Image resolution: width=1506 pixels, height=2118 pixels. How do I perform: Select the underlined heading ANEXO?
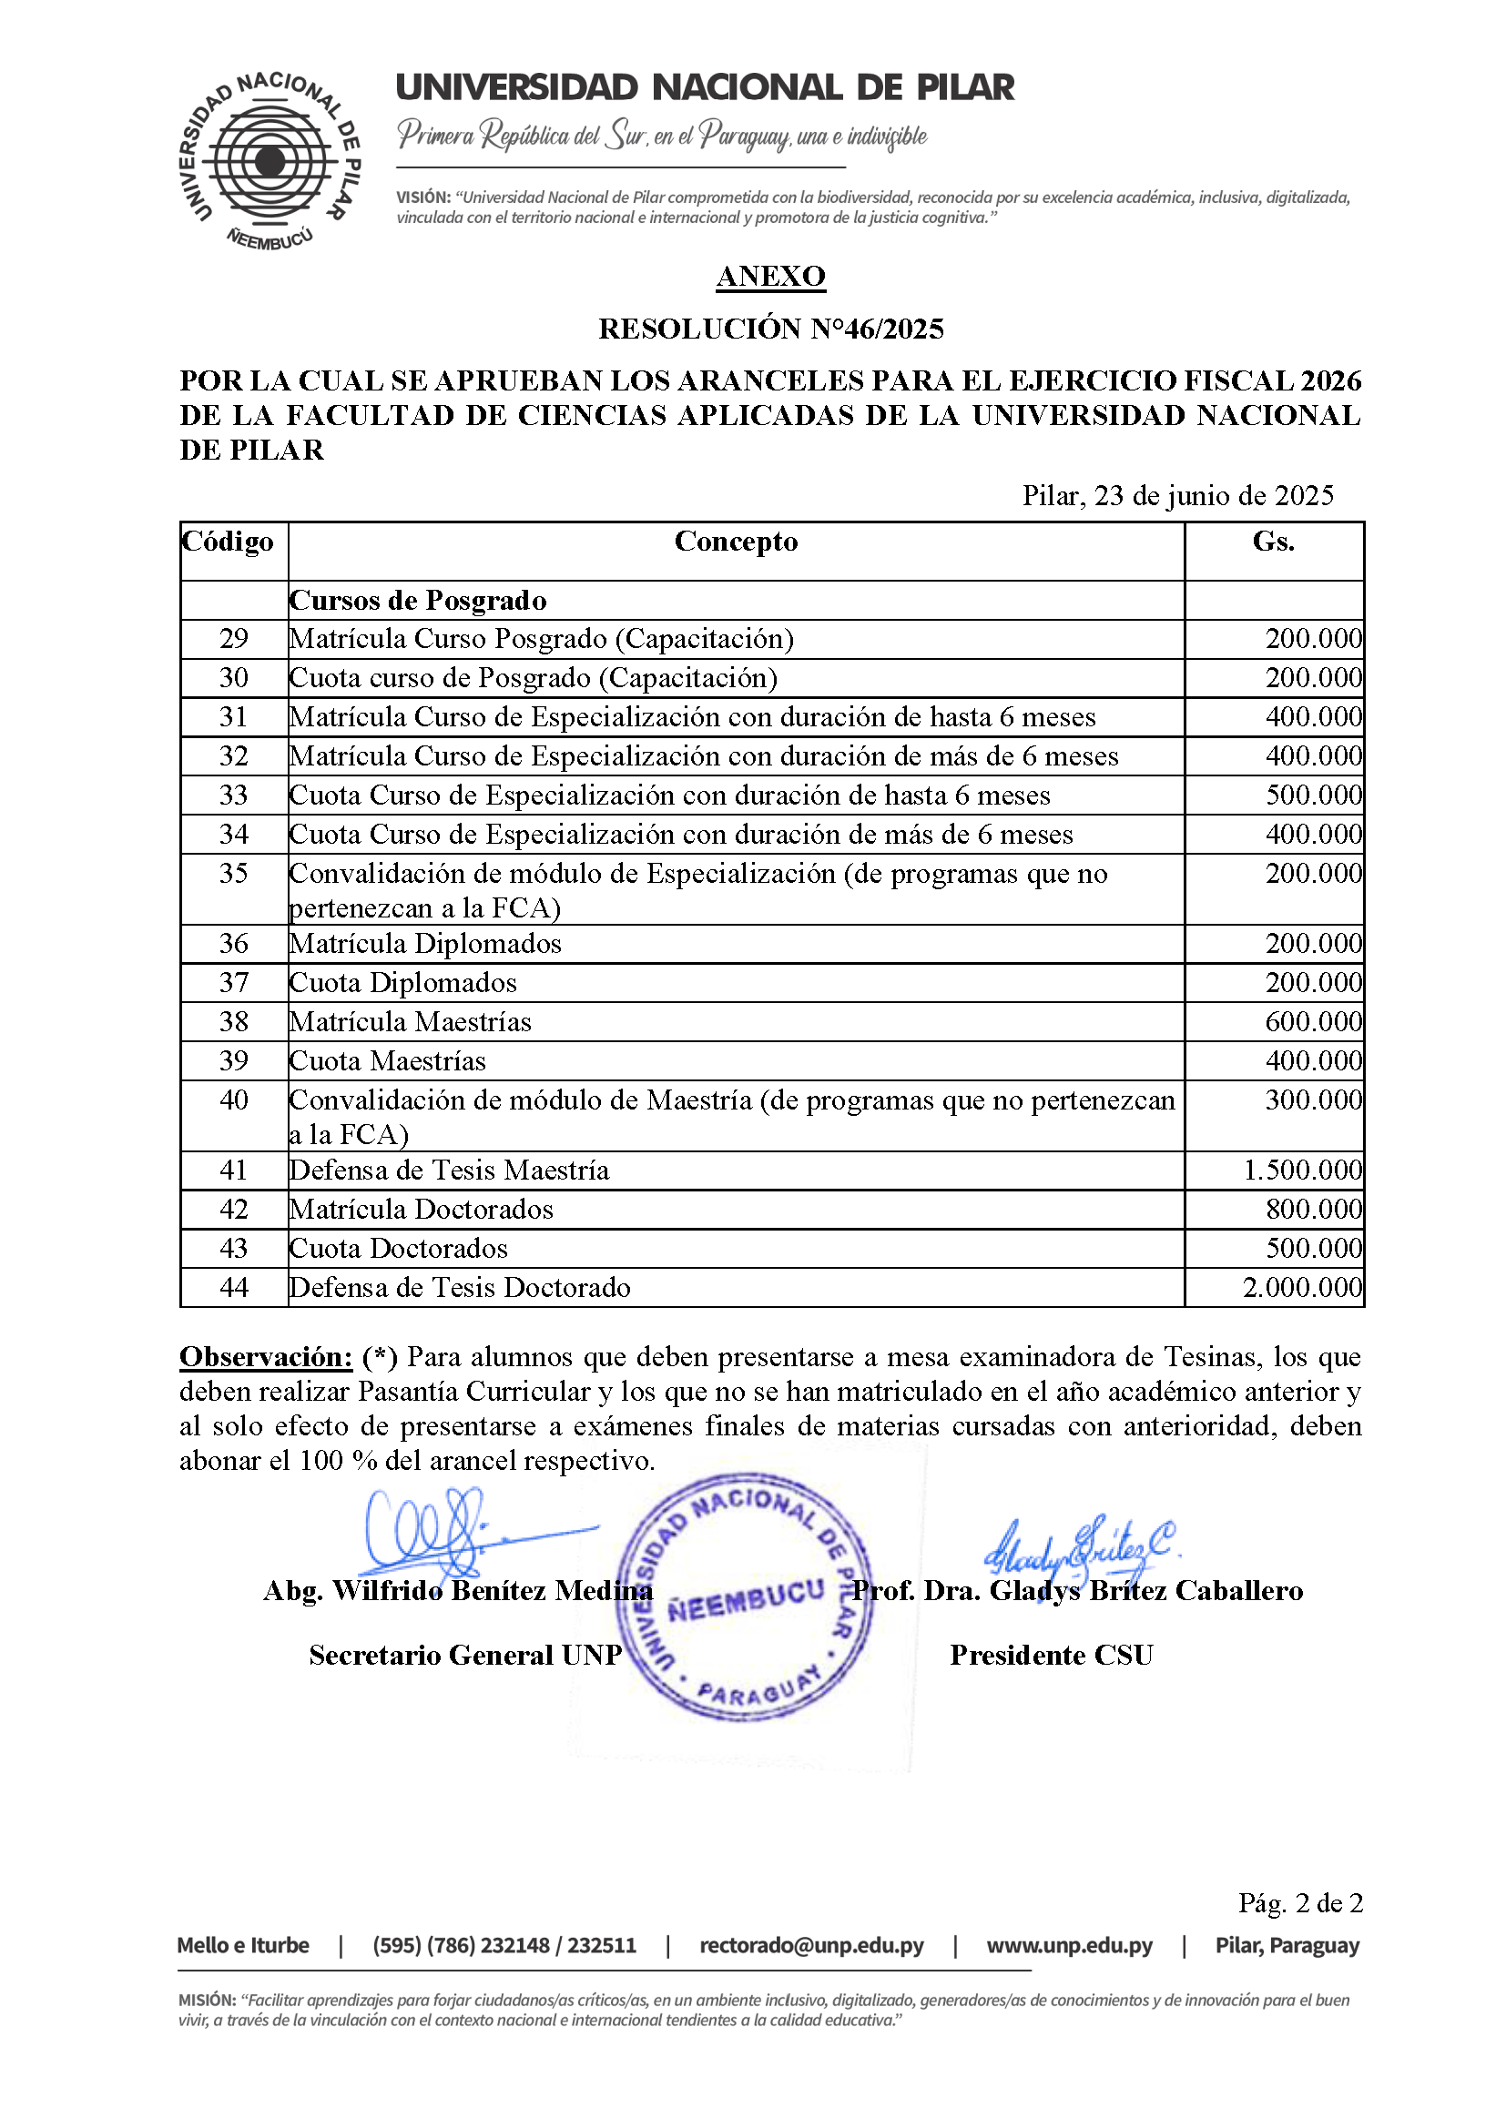coord(770,276)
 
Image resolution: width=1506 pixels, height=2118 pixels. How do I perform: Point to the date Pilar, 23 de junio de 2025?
coord(1177,496)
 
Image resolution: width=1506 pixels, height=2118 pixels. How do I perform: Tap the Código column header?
coord(229,542)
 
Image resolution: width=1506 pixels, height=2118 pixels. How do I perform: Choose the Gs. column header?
coord(1273,542)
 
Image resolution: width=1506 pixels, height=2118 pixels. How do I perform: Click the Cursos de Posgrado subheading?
coord(418,601)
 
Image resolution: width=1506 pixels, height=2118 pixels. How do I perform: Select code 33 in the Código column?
coord(234,796)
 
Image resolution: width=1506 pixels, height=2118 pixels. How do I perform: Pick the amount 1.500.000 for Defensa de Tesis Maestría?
coord(1302,1170)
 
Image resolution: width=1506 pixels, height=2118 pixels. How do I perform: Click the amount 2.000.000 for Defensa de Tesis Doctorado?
coord(1302,1288)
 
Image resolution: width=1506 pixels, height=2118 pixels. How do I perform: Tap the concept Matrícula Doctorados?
coord(421,1210)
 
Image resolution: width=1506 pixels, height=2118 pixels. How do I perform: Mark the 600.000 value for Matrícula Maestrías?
coord(1313,1021)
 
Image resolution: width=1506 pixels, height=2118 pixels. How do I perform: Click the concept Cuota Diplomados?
coord(403,982)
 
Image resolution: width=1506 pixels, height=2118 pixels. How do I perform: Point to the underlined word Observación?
coord(266,1357)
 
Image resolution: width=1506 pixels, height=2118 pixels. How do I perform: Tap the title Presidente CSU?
coord(1051,1656)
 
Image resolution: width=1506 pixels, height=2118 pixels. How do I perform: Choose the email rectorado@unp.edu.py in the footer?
coord(811,1946)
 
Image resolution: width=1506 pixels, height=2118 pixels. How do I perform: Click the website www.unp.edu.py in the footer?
coord(1069,1946)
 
